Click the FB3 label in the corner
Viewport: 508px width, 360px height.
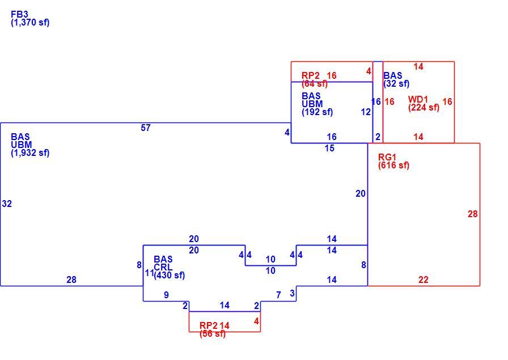pyautogui.click(x=19, y=14)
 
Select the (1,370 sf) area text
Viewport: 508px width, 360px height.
pyautogui.click(x=30, y=23)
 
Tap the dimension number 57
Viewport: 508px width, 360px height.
pyautogui.click(x=146, y=128)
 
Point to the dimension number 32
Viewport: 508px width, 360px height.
pyautogui.click(x=7, y=204)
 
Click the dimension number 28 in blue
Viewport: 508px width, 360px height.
pyautogui.click(x=71, y=279)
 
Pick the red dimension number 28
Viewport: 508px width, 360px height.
pyautogui.click(x=473, y=214)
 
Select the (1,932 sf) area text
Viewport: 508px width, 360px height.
pyautogui.click(x=30, y=153)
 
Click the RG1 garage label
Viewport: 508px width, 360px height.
pyautogui.click(x=387, y=157)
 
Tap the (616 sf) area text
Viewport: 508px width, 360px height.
pyautogui.click(x=393, y=165)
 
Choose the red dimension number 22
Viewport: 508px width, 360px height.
pyautogui.click(x=424, y=279)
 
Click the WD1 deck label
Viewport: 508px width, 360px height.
pyautogui.click(x=418, y=99)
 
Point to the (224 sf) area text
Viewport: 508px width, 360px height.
pyautogui.click(x=424, y=108)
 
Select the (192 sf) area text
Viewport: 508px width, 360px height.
pyautogui.click(x=317, y=112)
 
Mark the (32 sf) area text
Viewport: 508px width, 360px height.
pyautogui.click(x=396, y=83)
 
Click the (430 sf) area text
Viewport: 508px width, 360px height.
pyautogui.click(x=170, y=276)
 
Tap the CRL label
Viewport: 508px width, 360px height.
pyautogui.click(x=163, y=268)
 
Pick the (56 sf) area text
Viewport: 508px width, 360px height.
pyautogui.click(x=213, y=333)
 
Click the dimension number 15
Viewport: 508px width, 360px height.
pyautogui.click(x=329, y=149)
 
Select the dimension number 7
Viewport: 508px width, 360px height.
pyautogui.click(x=278, y=295)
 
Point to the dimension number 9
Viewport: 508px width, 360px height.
pyautogui.click(x=166, y=295)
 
